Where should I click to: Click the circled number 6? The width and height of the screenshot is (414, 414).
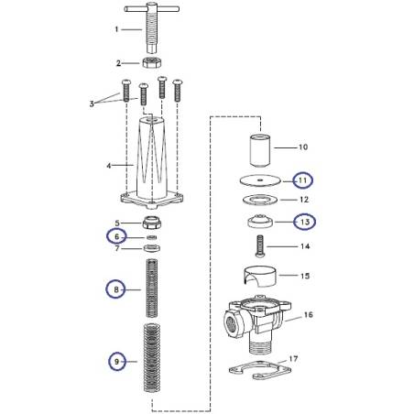click(x=115, y=236)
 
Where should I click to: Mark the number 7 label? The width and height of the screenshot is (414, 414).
click(x=115, y=249)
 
